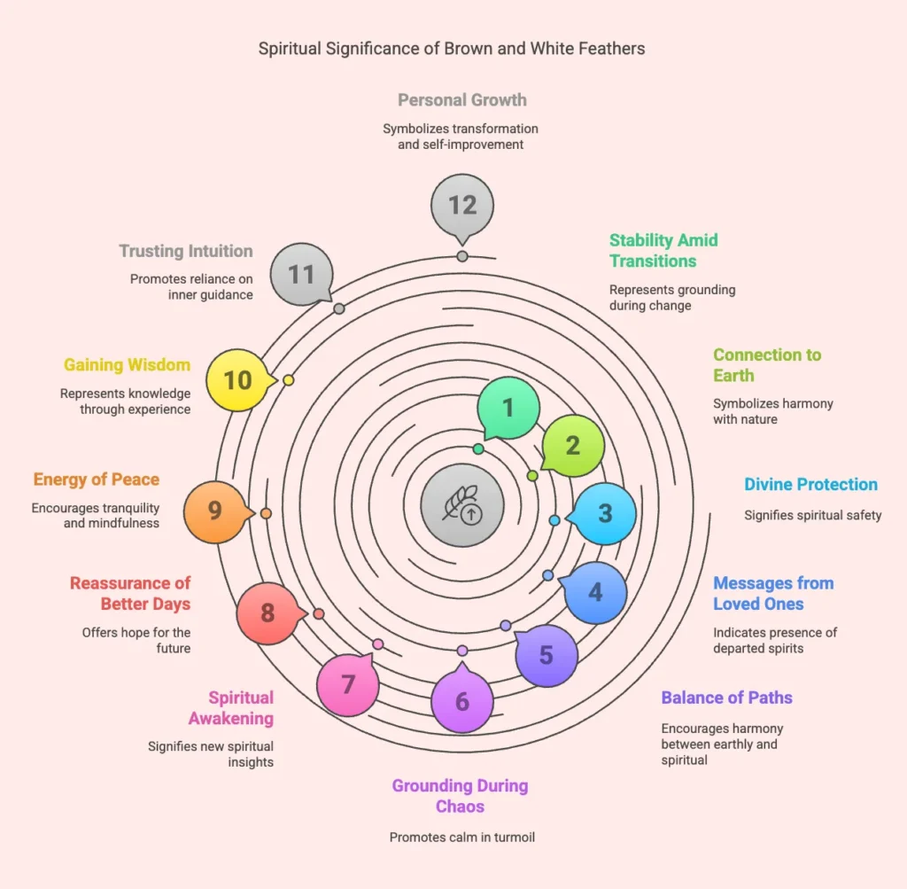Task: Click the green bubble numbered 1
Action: pos(508,408)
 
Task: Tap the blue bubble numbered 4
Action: pos(596,592)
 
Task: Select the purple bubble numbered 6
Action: pos(462,702)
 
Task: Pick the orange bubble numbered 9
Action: pos(214,511)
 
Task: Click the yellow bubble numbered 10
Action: pos(237,379)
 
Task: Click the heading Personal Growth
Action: pos(462,99)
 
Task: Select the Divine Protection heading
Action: pos(810,484)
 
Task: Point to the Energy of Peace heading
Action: pos(97,480)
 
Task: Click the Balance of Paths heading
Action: pos(726,697)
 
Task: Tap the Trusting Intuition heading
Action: pos(186,252)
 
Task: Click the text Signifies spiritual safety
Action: pos(812,515)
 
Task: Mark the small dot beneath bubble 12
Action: pos(462,256)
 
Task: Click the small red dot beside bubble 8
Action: pos(319,613)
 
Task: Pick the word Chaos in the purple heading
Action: pos(460,806)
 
